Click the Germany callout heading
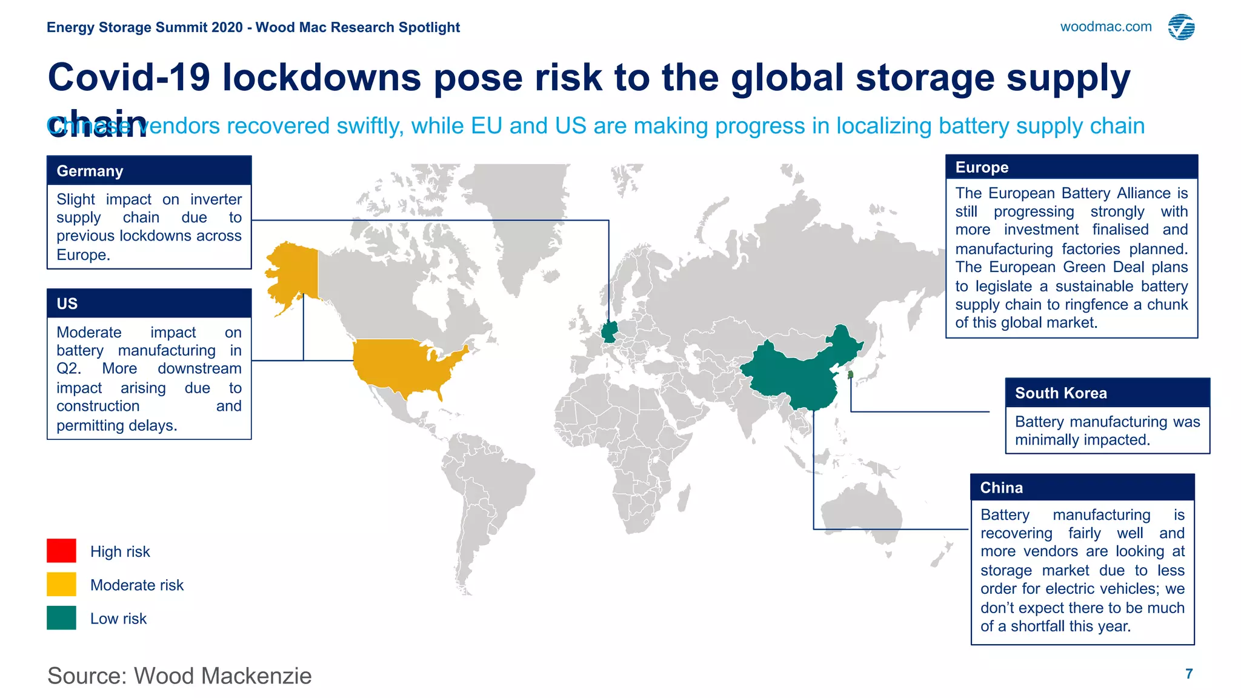coord(90,171)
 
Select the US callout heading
coord(67,304)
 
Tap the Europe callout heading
coord(982,167)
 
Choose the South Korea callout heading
coord(1060,393)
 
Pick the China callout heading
coord(1001,488)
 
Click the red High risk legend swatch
coord(61,551)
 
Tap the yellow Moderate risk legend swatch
coord(61,585)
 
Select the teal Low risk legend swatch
coord(61,618)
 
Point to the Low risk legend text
coord(118,619)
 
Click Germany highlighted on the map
coord(609,332)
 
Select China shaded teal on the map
coord(794,376)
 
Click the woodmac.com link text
coord(1105,27)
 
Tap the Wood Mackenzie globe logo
coord(1181,27)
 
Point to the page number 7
coord(1189,674)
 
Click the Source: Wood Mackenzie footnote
coord(179,676)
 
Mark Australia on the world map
coord(860,515)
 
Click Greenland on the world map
coord(521,218)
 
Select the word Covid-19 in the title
coord(128,78)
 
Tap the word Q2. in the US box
coord(68,369)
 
